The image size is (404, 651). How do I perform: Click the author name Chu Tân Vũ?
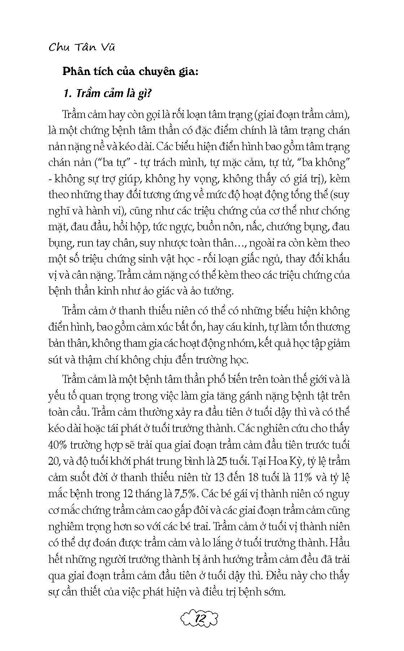point(82,47)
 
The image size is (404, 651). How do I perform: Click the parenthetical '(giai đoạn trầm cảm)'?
point(302,114)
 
